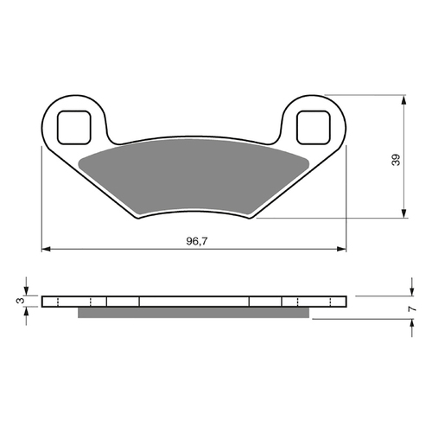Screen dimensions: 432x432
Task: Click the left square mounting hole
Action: pos(75,127)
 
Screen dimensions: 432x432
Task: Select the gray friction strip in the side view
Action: pos(194,313)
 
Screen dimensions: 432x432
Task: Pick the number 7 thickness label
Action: pos(413,308)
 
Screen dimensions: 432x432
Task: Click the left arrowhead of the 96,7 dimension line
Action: pos(47,251)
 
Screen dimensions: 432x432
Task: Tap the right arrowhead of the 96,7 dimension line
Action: pos(342,251)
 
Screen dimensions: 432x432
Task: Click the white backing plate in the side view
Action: pos(194,302)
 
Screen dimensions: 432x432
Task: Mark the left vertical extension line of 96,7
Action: pos(41,199)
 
